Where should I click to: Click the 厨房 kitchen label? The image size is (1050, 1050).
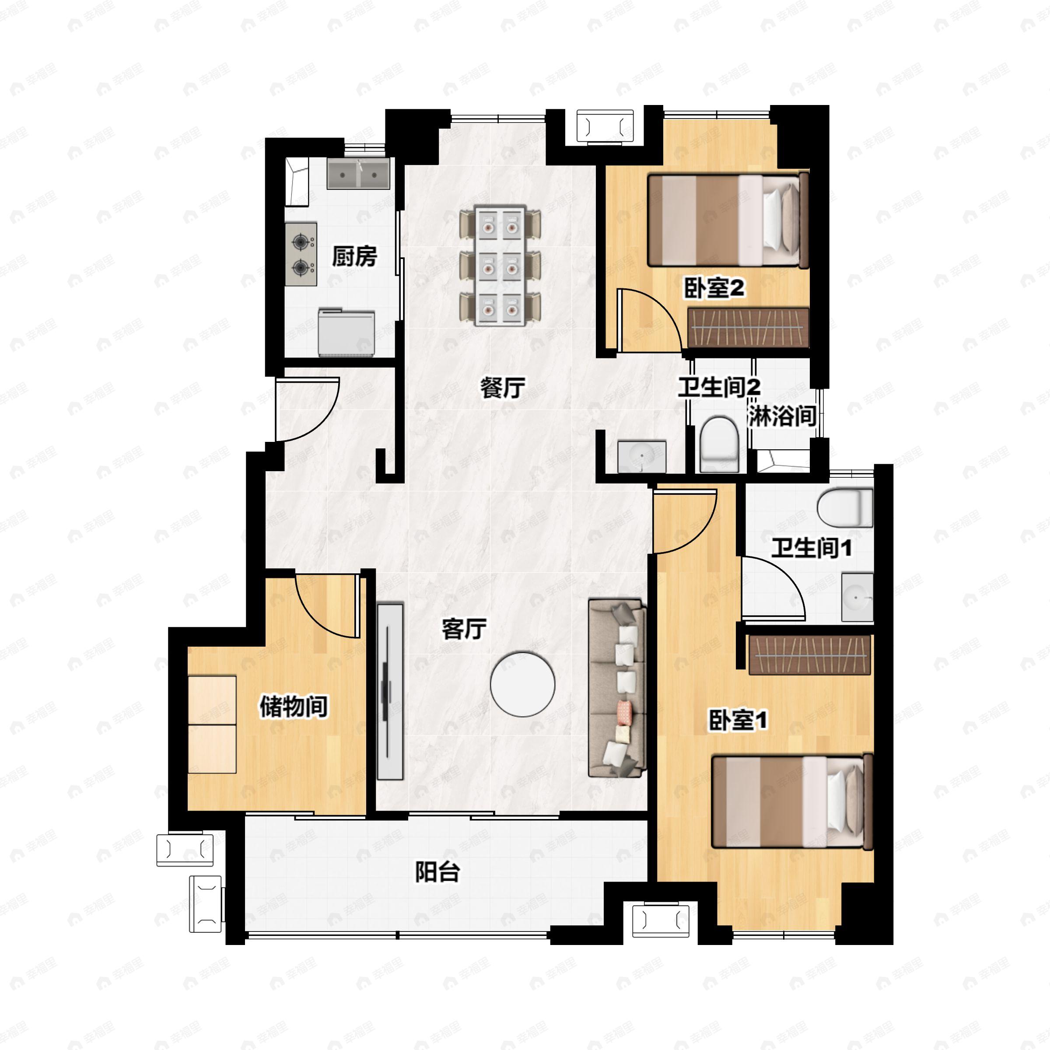[354, 256]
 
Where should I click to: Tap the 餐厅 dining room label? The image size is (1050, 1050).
[503, 388]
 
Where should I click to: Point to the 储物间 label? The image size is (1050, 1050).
[294, 706]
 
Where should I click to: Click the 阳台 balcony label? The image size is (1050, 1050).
[437, 872]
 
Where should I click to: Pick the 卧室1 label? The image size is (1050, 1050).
[738, 720]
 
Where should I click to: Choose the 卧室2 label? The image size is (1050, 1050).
[714, 288]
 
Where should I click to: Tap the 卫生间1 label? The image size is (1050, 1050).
[812, 548]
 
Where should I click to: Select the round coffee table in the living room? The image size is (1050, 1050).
[522, 684]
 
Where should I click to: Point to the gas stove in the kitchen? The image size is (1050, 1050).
[301, 254]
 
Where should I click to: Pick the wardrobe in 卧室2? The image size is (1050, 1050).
[749, 327]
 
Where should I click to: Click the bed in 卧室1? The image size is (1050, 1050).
[792, 801]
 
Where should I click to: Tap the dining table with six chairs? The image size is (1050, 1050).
[500, 265]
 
